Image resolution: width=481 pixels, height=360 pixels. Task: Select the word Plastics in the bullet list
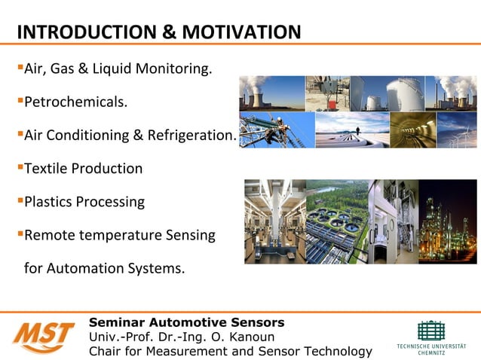[48, 202]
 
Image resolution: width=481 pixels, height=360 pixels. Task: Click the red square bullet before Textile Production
[20, 167]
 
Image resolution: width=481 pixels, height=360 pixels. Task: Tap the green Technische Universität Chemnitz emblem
[430, 331]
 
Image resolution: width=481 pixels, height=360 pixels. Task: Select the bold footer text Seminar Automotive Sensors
[186, 323]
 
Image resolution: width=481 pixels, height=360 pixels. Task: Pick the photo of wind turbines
[457, 130]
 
